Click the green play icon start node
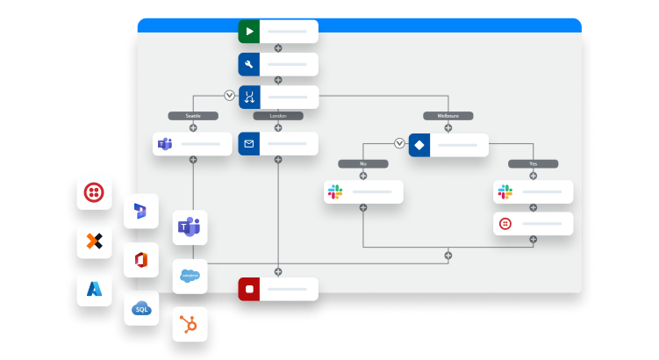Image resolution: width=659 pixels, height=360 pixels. [250, 32]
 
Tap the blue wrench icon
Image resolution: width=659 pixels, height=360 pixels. [250, 64]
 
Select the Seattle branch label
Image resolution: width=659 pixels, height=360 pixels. [193, 115]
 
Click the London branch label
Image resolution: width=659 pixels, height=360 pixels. [278, 115]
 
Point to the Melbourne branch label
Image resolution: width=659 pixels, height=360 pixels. [448, 115]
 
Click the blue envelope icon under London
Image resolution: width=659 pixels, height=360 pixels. [250, 144]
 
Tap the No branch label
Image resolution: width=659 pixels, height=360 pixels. [362, 163]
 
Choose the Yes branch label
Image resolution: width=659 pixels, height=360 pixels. [533, 163]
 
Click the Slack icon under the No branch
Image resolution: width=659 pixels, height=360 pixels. [334, 191]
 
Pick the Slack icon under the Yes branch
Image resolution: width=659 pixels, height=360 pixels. [505, 191]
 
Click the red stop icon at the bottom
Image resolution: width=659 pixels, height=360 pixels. [250, 288]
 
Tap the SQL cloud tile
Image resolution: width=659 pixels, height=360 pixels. [141, 307]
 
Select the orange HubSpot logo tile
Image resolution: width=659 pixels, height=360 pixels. [190, 325]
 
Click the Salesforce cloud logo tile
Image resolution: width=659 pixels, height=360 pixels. [190, 276]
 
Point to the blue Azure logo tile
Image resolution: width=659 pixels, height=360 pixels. [94, 288]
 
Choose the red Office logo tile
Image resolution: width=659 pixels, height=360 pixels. [141, 260]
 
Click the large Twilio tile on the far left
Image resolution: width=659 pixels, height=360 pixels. [94, 191]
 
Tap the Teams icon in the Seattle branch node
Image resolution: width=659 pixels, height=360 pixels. [164, 144]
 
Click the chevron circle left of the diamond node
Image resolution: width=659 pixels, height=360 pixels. [400, 143]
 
